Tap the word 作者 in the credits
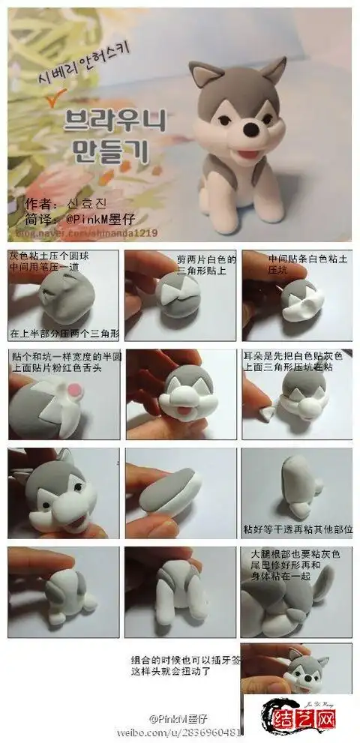click(x=39, y=205)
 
